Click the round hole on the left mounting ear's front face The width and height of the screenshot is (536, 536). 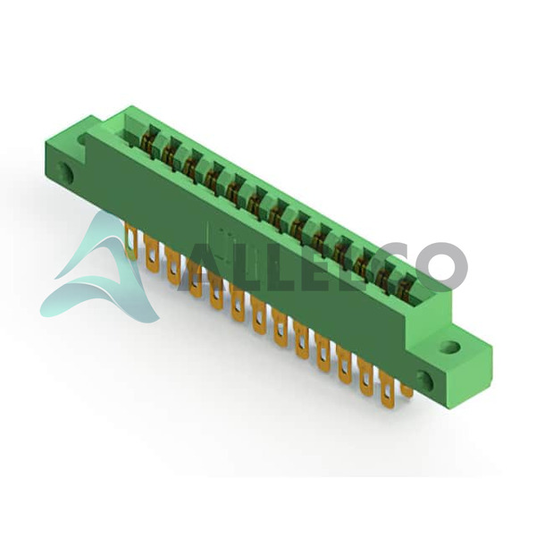click(64, 172)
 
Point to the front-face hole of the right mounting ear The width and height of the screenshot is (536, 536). click(426, 380)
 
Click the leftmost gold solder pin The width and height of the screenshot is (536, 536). click(131, 240)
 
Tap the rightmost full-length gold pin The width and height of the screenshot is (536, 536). click(387, 389)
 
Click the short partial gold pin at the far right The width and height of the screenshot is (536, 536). click(406, 390)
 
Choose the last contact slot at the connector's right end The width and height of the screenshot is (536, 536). click(406, 287)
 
